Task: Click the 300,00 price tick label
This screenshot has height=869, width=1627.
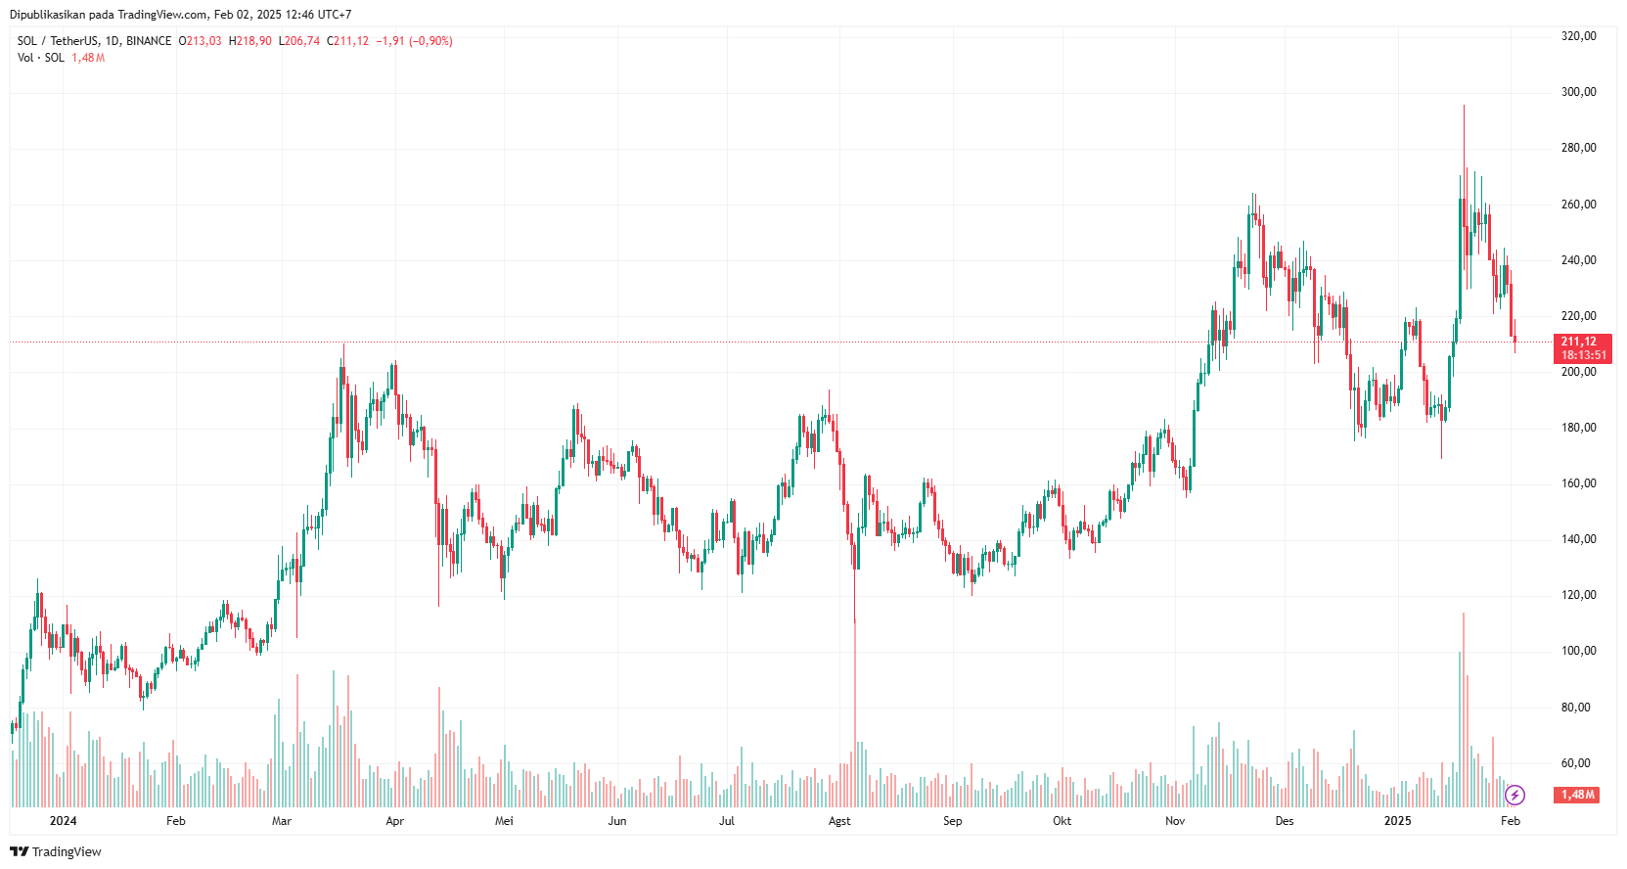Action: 1578,92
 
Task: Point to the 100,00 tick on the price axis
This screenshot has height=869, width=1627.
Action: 1578,651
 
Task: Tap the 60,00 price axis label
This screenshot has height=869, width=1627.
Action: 1575,763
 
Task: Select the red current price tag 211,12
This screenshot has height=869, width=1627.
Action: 1581,343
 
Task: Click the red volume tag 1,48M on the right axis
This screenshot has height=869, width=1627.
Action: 1578,795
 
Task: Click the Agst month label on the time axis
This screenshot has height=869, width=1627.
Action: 839,821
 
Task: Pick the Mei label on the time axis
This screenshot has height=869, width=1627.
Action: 504,821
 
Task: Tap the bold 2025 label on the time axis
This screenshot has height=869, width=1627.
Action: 1397,821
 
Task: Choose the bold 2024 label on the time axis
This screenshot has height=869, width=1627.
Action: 63,821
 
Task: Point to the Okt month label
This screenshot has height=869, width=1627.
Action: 1062,821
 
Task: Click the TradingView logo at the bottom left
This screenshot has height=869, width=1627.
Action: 56,851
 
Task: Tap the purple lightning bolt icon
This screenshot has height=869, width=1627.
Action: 1514,795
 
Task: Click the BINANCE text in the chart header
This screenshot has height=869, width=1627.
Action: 149,41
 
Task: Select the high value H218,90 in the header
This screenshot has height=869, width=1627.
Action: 250,41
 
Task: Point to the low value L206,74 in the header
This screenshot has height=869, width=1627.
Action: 299,41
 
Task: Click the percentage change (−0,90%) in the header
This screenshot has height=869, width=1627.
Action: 430,41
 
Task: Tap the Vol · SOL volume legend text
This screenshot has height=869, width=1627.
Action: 41,58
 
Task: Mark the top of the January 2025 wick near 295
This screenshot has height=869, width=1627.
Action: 1464,107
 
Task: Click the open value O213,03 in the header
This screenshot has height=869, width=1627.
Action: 200,41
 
